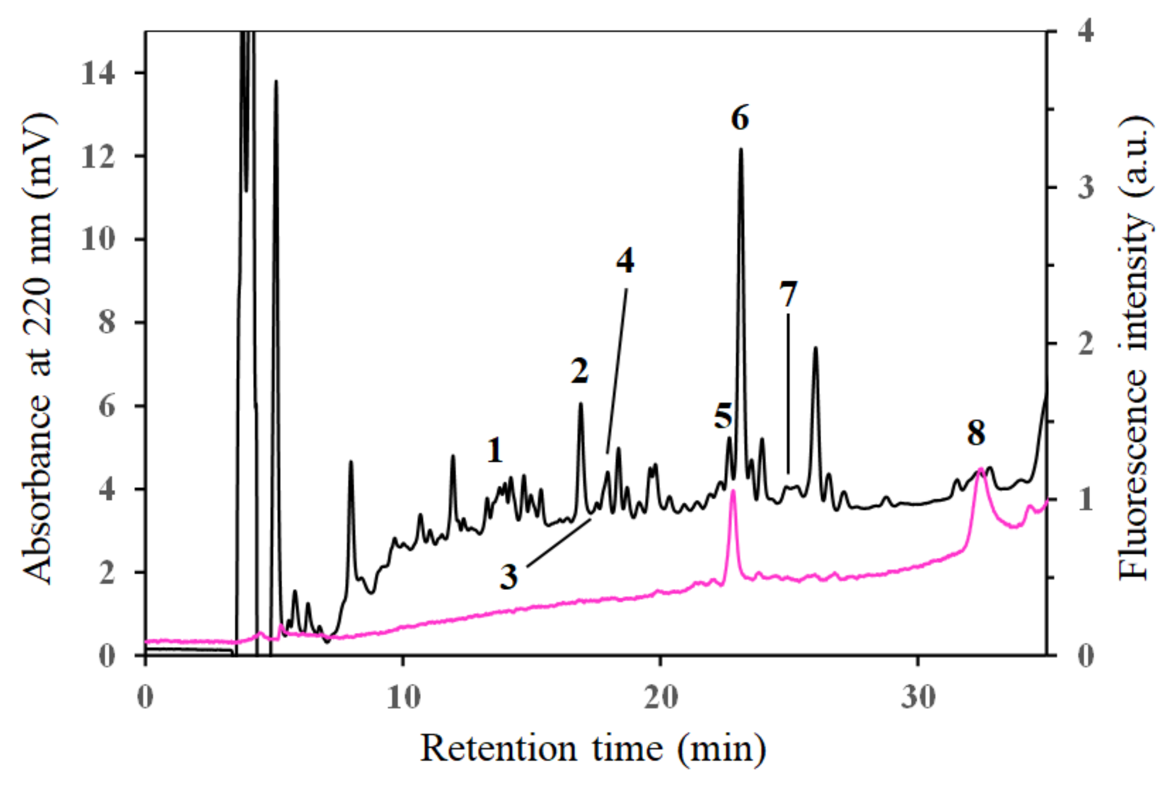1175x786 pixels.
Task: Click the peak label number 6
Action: click(740, 119)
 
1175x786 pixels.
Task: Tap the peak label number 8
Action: click(976, 433)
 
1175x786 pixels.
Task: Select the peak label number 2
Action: click(580, 372)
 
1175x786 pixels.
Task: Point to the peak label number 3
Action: click(509, 577)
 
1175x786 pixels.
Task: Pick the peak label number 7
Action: click(788, 294)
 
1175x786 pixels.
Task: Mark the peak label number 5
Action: click(723, 416)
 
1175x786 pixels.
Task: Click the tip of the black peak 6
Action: click(741, 149)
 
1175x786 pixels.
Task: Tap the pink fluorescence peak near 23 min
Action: click(733, 491)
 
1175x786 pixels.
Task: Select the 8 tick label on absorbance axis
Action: click(107, 323)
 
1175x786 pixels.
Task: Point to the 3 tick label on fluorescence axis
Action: click(1086, 188)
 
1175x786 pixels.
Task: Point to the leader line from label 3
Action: click(559, 543)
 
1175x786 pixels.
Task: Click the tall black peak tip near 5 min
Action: click(276, 81)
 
